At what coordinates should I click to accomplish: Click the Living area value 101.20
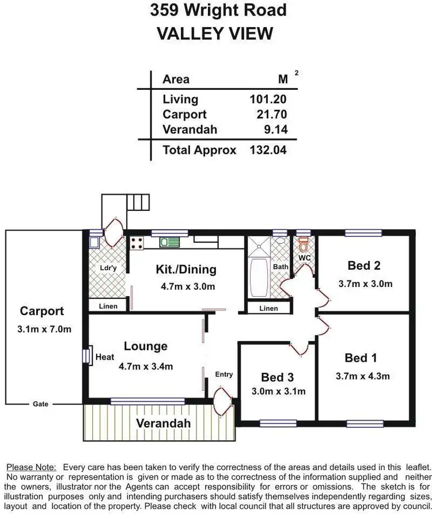pyautogui.click(x=267, y=99)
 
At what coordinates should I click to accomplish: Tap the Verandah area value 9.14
pyautogui.click(x=275, y=130)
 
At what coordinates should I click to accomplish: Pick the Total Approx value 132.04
pyautogui.click(x=267, y=150)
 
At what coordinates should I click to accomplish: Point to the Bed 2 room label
pyautogui.click(x=363, y=266)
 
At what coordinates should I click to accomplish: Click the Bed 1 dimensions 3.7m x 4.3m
pyautogui.click(x=363, y=376)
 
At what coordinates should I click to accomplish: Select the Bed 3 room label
pyautogui.click(x=277, y=377)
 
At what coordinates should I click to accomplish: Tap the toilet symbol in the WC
pyautogui.click(x=304, y=244)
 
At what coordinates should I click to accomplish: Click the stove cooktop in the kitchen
pyautogui.click(x=137, y=243)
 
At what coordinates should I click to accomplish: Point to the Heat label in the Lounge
pyautogui.click(x=105, y=357)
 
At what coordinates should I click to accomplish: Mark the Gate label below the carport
pyautogui.click(x=40, y=404)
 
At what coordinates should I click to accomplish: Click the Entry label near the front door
pyautogui.click(x=224, y=375)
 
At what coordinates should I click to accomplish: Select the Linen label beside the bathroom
pyautogui.click(x=268, y=308)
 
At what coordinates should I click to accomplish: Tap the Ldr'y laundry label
pyautogui.click(x=108, y=269)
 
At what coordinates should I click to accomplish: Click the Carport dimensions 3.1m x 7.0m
pyautogui.click(x=46, y=330)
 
